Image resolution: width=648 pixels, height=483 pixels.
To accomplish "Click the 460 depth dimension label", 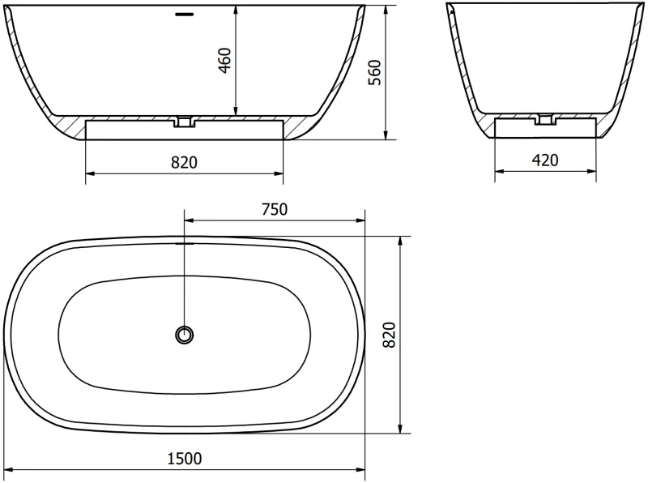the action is click(224, 60).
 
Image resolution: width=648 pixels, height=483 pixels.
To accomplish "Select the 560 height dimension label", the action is click(375, 72).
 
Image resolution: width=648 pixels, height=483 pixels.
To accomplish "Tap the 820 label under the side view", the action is click(185, 163).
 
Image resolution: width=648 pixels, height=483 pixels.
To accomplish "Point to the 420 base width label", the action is click(545, 160).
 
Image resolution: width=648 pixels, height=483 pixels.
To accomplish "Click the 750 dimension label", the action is click(275, 209).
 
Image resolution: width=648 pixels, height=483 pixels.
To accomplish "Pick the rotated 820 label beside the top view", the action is click(390, 335).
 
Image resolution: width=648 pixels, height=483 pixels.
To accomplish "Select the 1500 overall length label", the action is click(185, 458).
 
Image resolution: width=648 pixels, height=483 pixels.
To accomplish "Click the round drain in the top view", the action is click(185, 335).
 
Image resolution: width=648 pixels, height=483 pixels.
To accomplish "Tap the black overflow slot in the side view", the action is click(185, 15).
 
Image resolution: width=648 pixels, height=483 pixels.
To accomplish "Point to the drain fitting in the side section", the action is click(185, 122).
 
